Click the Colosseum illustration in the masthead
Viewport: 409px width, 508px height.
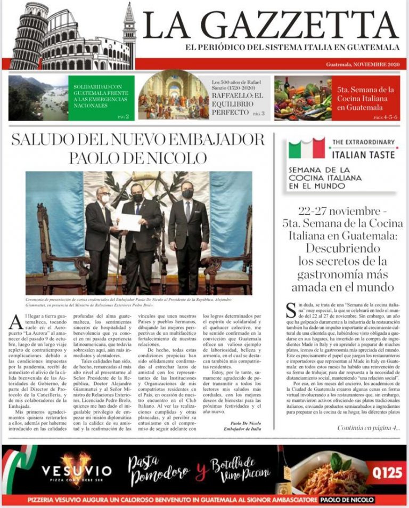[x=69, y=37]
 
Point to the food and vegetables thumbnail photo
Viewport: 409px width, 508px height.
[x=302, y=98]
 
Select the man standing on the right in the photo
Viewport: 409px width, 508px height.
[x=189, y=229]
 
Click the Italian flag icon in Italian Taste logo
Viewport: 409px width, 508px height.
[x=306, y=149]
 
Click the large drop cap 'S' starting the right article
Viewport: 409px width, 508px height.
[x=291, y=310]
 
